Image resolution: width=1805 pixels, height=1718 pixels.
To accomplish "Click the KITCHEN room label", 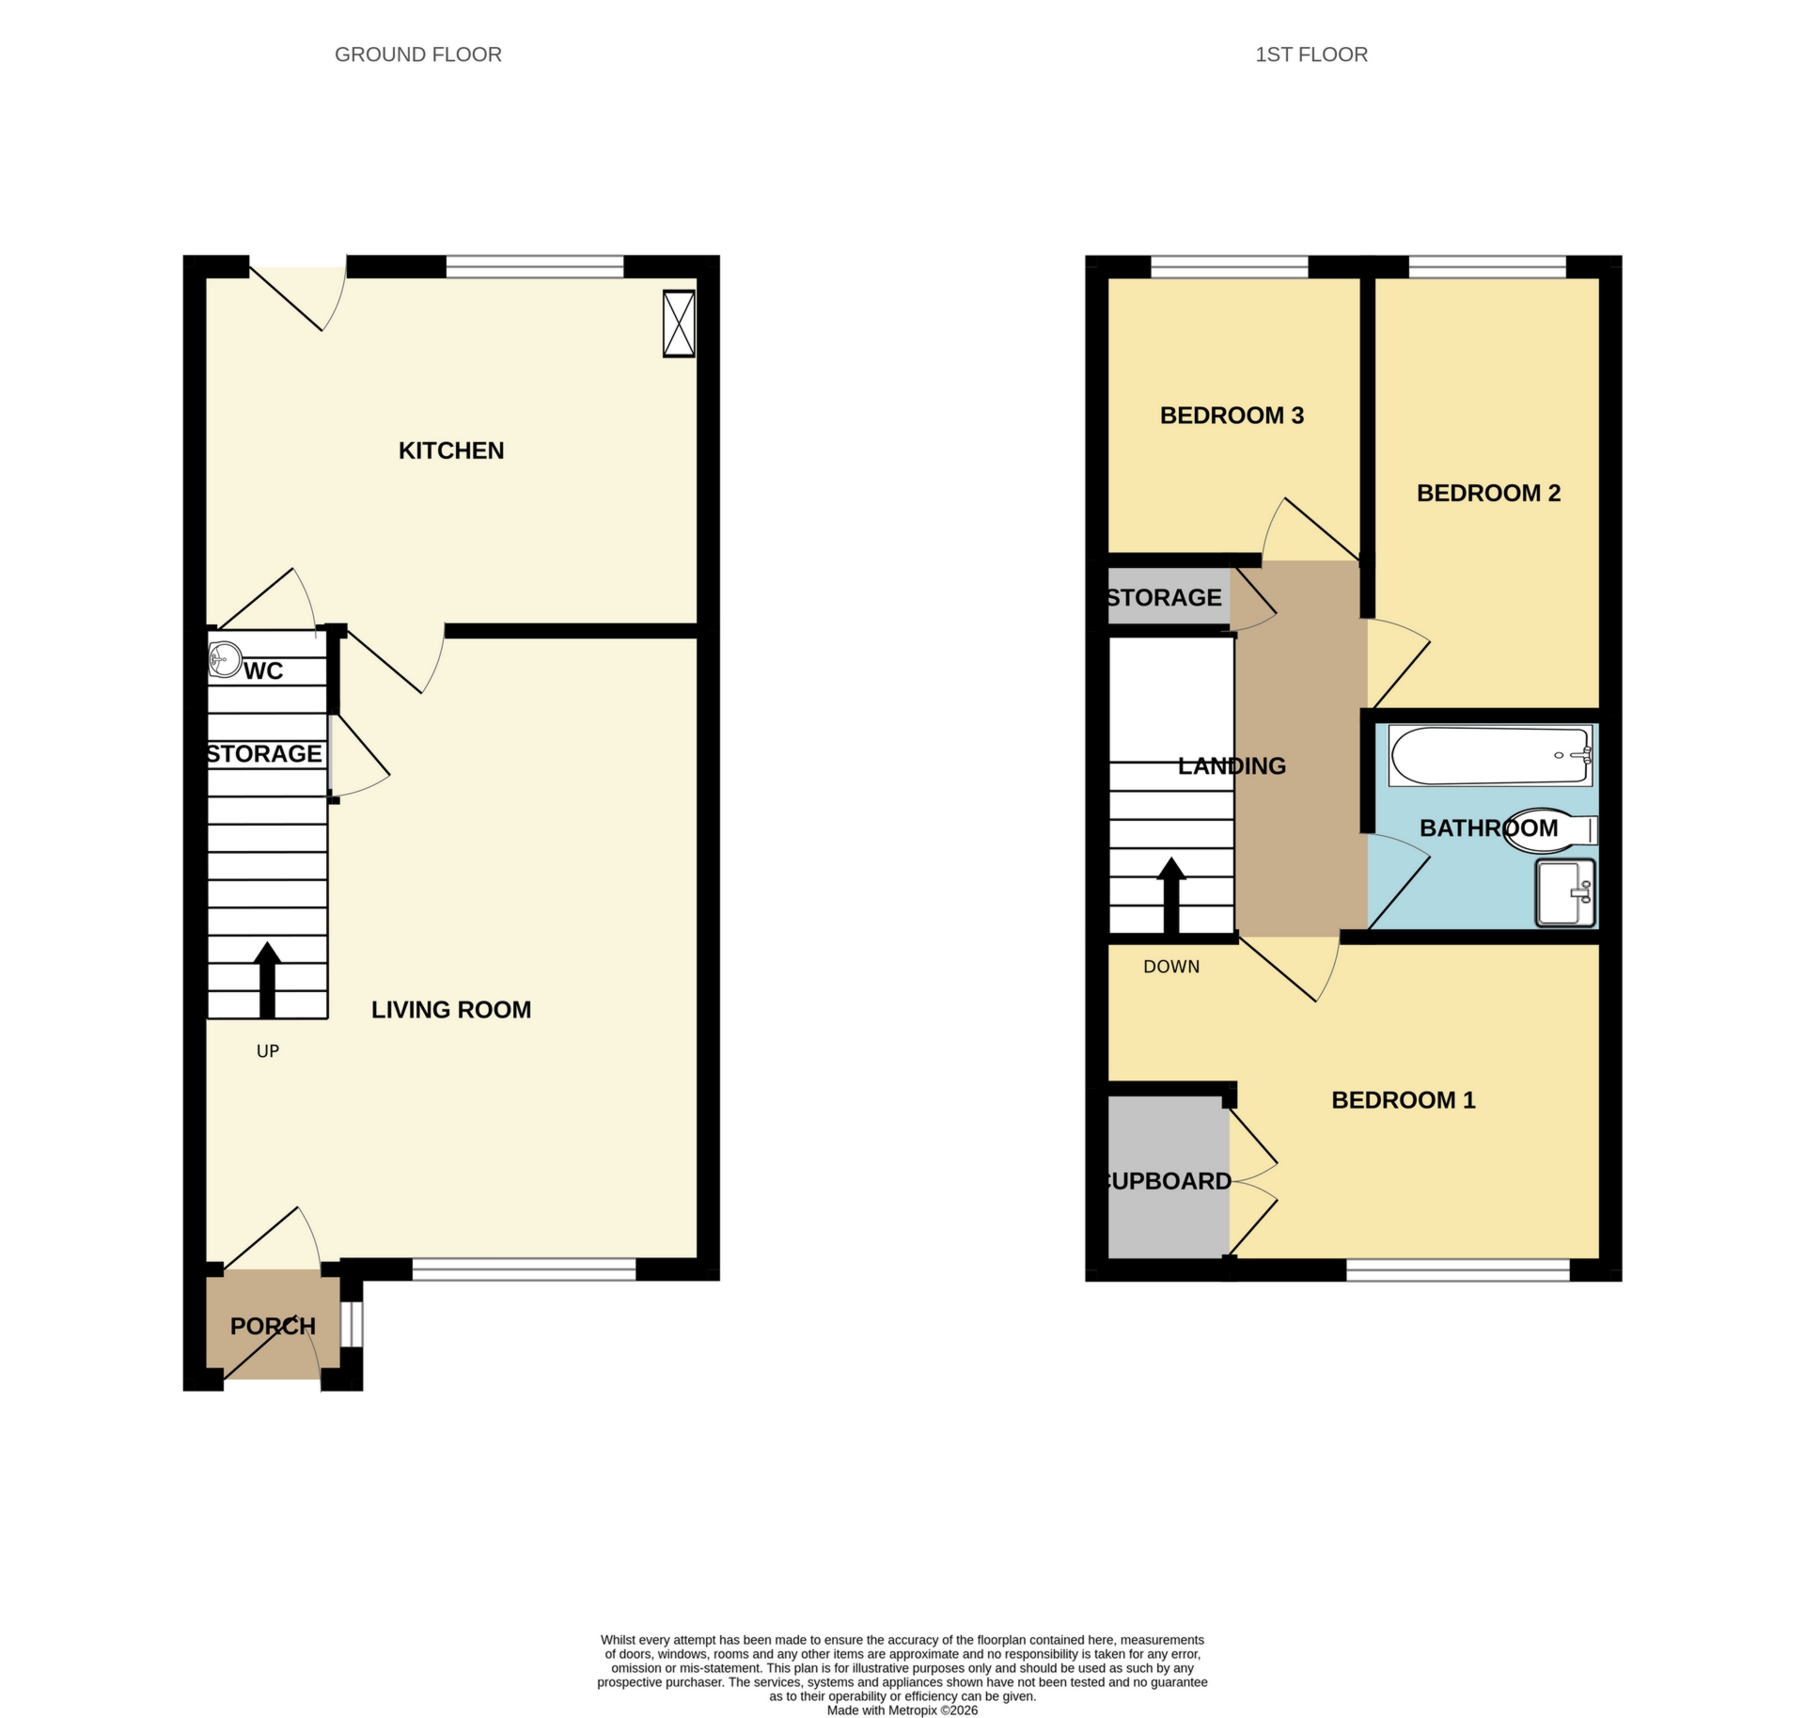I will point(451,450).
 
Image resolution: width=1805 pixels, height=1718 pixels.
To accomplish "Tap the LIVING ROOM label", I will point(451,1009).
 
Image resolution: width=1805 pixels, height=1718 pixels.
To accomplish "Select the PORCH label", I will point(273,1326).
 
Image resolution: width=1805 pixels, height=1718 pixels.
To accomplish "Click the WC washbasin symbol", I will point(225,658).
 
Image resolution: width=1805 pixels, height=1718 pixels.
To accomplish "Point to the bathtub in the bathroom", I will point(1490,755).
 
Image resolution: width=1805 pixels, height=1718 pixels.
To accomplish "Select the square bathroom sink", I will point(1565,891).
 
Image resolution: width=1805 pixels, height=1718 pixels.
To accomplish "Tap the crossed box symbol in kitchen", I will point(679,323).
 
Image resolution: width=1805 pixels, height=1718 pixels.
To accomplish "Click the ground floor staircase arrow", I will point(268,978).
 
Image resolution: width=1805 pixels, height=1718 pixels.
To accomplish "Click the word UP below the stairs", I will point(268,1051).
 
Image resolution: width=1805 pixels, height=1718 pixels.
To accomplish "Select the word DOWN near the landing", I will point(1171,967).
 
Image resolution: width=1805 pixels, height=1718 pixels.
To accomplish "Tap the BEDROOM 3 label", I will point(1232,416).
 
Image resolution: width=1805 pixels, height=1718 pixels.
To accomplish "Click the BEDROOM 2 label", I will point(1488,493).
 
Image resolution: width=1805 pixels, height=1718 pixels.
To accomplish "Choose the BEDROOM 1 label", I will point(1403,1099).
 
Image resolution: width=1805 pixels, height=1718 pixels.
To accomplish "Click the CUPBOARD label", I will point(1169,1181).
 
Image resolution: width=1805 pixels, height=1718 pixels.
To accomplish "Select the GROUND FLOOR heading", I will point(418,55).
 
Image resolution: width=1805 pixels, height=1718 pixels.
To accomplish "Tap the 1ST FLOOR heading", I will point(1311,55).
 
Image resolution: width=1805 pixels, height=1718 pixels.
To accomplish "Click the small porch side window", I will point(352,1323).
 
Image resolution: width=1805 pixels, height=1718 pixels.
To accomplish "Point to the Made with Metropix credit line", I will point(902,1710).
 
